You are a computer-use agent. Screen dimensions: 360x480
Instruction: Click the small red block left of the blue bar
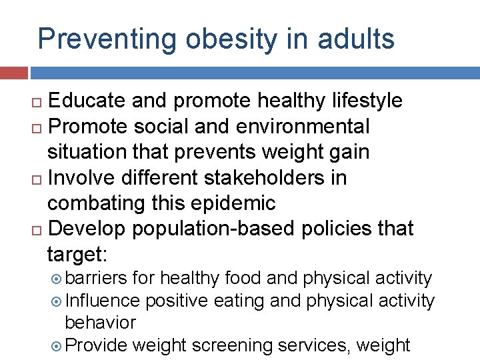click(13, 73)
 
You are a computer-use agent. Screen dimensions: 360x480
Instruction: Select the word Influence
click(103, 301)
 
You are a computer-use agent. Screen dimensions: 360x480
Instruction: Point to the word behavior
click(100, 323)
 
